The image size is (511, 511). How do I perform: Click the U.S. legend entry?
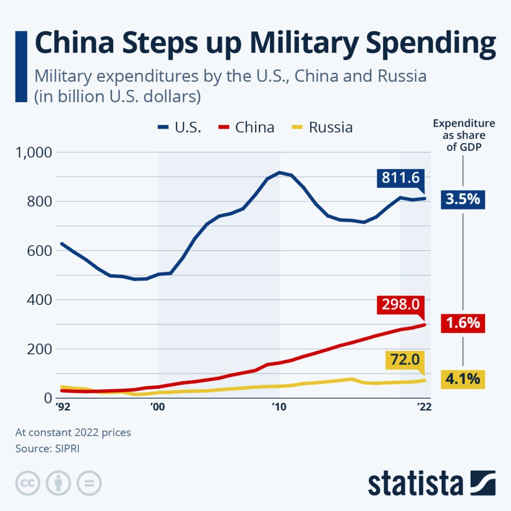(x=179, y=127)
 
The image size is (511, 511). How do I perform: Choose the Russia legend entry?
(x=321, y=127)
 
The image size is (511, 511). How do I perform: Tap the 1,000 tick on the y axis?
(x=34, y=153)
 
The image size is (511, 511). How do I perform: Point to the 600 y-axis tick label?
(x=40, y=251)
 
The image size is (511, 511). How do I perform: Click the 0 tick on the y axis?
(x=48, y=398)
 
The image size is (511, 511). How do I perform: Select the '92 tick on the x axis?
(x=62, y=407)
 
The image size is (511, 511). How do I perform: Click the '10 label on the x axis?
(x=279, y=407)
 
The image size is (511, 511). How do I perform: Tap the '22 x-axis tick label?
(x=423, y=407)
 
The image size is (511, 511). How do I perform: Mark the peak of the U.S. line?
(x=279, y=173)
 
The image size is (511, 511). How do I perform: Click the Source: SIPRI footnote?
(x=47, y=448)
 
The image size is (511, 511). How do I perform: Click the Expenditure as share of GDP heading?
(x=464, y=135)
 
